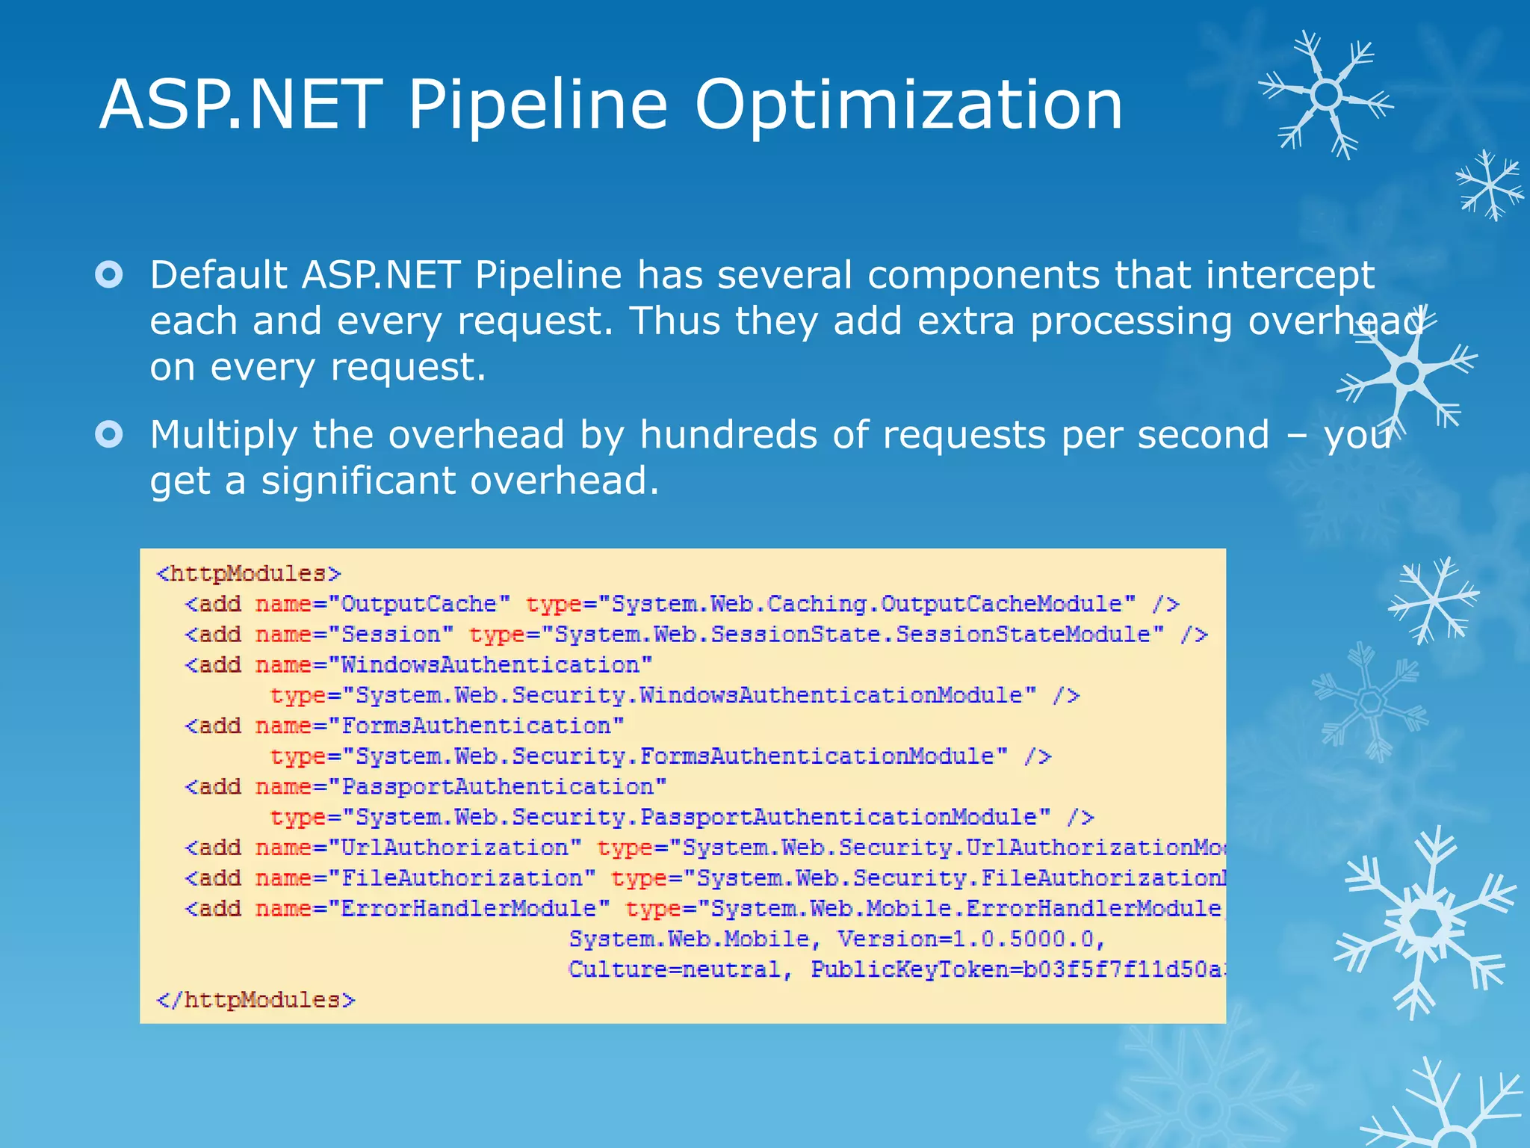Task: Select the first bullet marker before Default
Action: [109, 275]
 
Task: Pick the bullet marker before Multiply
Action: [109, 434]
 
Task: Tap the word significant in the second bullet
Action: [359, 481]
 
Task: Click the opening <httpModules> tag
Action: [249, 574]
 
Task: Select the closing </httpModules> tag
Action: [255, 1000]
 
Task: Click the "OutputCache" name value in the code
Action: [419, 604]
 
